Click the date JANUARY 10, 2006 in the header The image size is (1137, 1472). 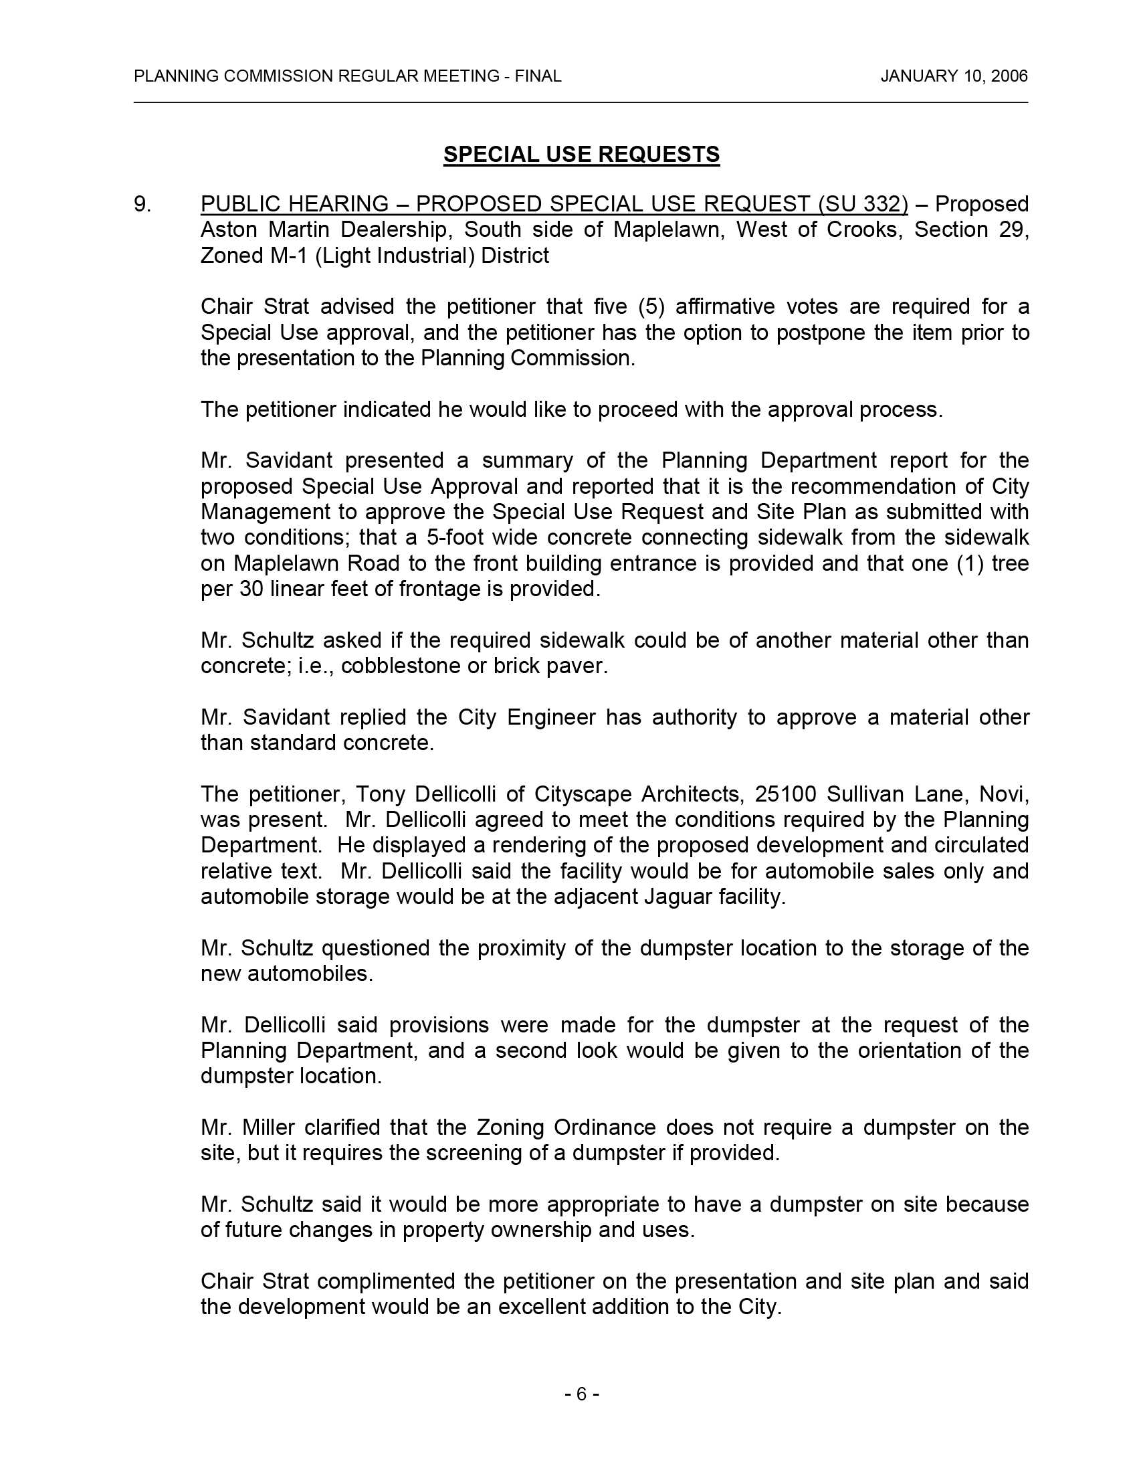tap(954, 76)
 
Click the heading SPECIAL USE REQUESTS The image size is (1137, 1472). tap(581, 155)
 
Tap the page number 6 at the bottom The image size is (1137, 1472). tap(581, 1394)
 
